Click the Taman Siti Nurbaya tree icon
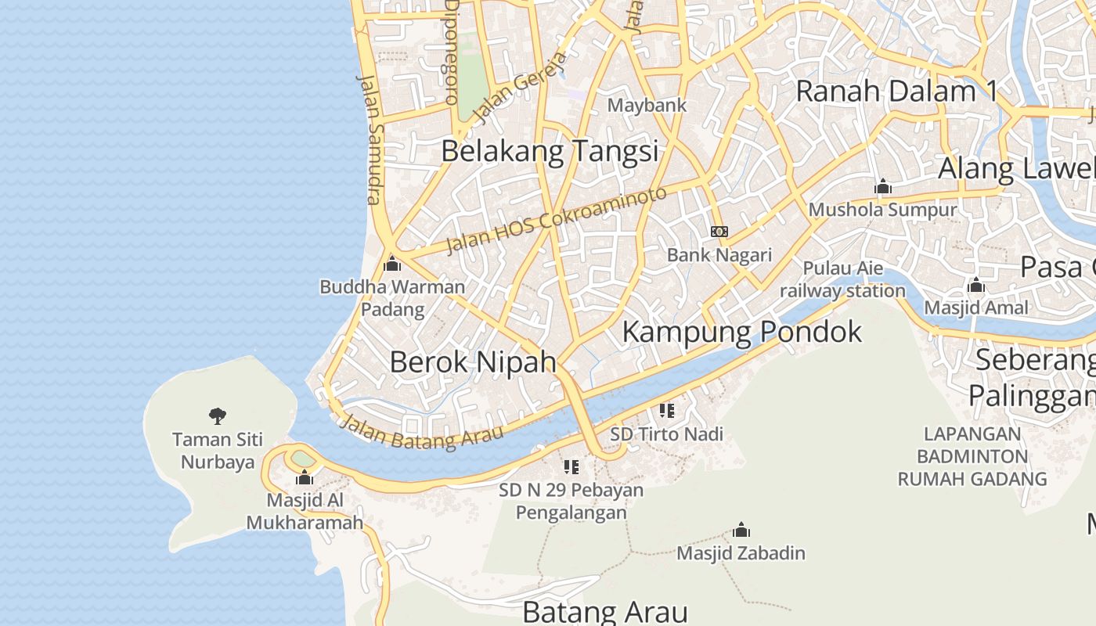pos(218,416)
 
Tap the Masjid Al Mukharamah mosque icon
pos(305,477)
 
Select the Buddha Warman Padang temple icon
pos(392,264)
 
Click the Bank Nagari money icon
pos(719,232)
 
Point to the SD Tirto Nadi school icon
pos(666,410)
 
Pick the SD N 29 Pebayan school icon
pos(571,467)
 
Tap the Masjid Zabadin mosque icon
pos(741,530)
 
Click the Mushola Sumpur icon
pos(883,186)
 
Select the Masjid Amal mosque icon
pos(975,285)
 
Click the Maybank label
pos(647,105)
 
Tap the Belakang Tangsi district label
pos(550,150)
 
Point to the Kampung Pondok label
pos(741,332)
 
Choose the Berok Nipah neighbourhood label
pos(473,362)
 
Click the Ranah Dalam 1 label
pos(896,91)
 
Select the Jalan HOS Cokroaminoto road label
pos(557,220)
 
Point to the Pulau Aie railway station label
pos(842,279)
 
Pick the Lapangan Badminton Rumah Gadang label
pos(972,456)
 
